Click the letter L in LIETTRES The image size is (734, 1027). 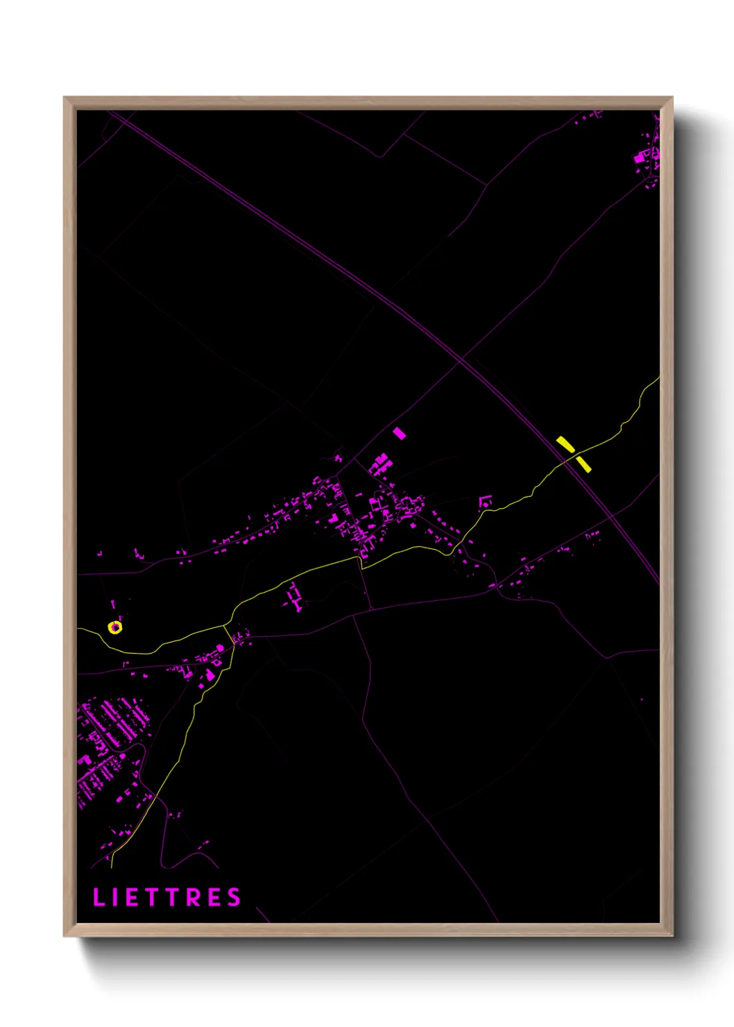click(98, 897)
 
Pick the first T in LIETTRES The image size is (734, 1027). click(151, 897)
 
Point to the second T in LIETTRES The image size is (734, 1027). click(173, 897)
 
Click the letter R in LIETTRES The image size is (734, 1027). click(194, 897)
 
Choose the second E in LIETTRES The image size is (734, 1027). click(214, 897)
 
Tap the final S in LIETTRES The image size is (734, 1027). click(234, 897)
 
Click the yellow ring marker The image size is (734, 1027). click(115, 627)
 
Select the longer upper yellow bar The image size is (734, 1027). click(565, 444)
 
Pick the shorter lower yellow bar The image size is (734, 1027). click(583, 463)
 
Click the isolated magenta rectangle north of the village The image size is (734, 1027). click(399, 434)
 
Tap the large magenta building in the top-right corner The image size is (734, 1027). click(639, 158)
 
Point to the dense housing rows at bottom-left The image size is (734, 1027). click(111, 736)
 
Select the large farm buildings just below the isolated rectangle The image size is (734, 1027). click(380, 464)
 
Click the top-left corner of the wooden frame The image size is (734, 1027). click(65, 98)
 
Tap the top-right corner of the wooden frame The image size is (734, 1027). click(672, 98)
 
